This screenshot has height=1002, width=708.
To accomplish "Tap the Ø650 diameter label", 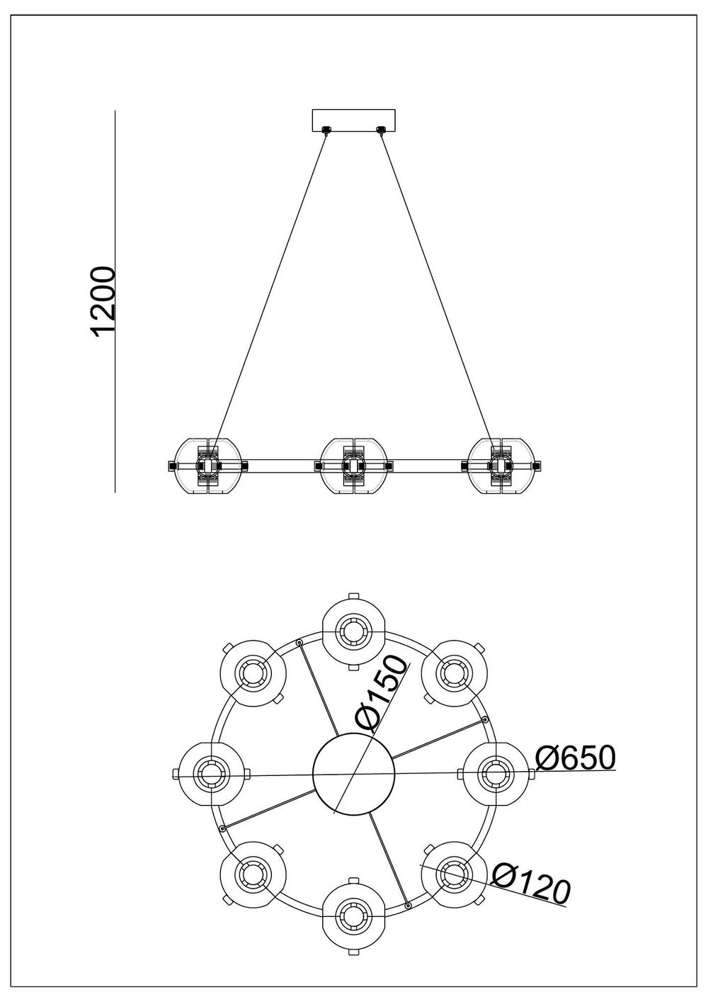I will (x=574, y=758).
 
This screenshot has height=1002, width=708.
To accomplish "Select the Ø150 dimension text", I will (x=383, y=694).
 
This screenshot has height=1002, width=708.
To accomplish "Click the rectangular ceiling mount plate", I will (x=354, y=119).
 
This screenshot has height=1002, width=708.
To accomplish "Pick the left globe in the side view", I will (x=209, y=466).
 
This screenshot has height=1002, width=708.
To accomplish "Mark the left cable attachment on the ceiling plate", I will (x=326, y=130).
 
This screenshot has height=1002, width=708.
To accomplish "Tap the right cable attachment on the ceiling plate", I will (x=382, y=130).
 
